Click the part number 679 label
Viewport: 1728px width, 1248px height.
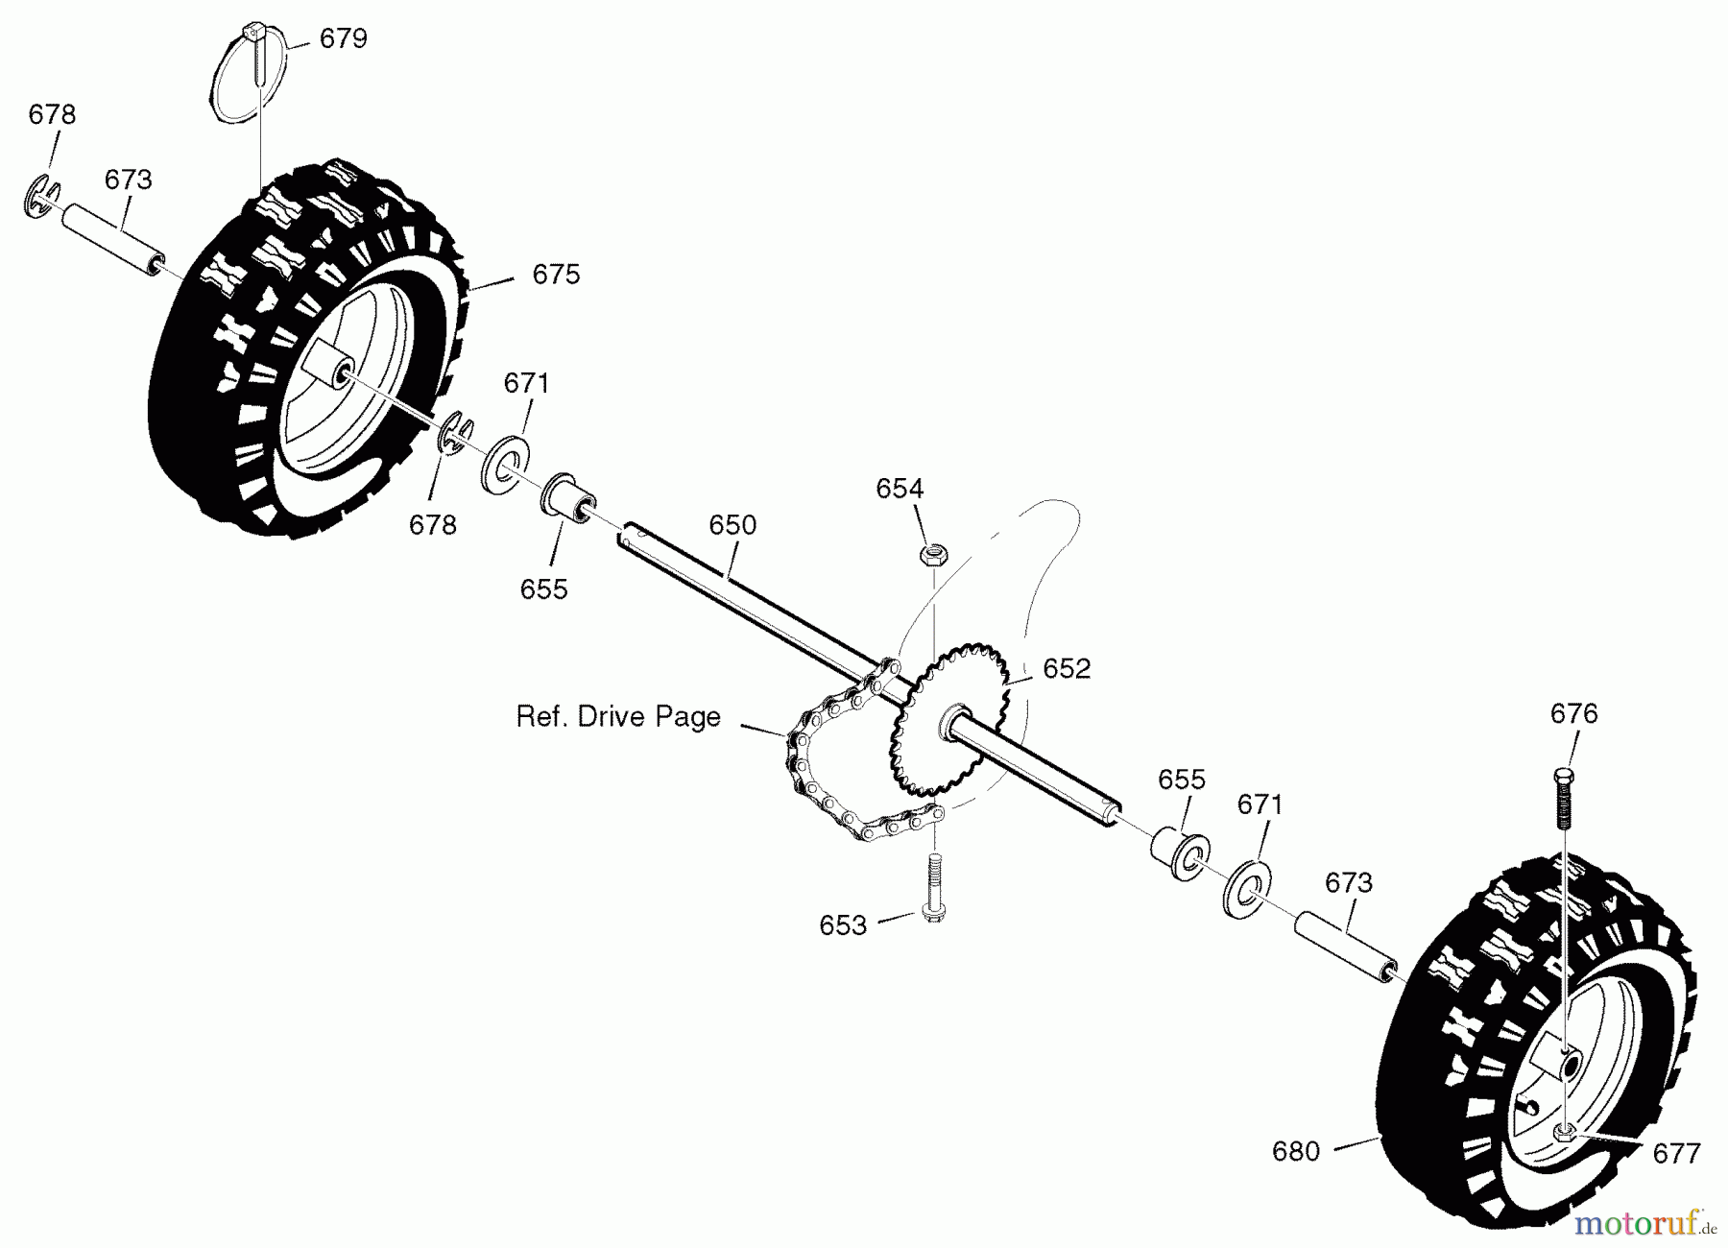(343, 39)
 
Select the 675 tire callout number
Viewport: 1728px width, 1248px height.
(556, 276)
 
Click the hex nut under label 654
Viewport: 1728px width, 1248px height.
(931, 554)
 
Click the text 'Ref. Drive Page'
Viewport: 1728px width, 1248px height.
(618, 717)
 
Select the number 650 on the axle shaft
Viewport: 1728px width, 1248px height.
(732, 525)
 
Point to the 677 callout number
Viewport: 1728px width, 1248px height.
(1677, 1153)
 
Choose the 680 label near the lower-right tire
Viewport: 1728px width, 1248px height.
(1296, 1151)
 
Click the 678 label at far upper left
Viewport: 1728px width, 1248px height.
(52, 115)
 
